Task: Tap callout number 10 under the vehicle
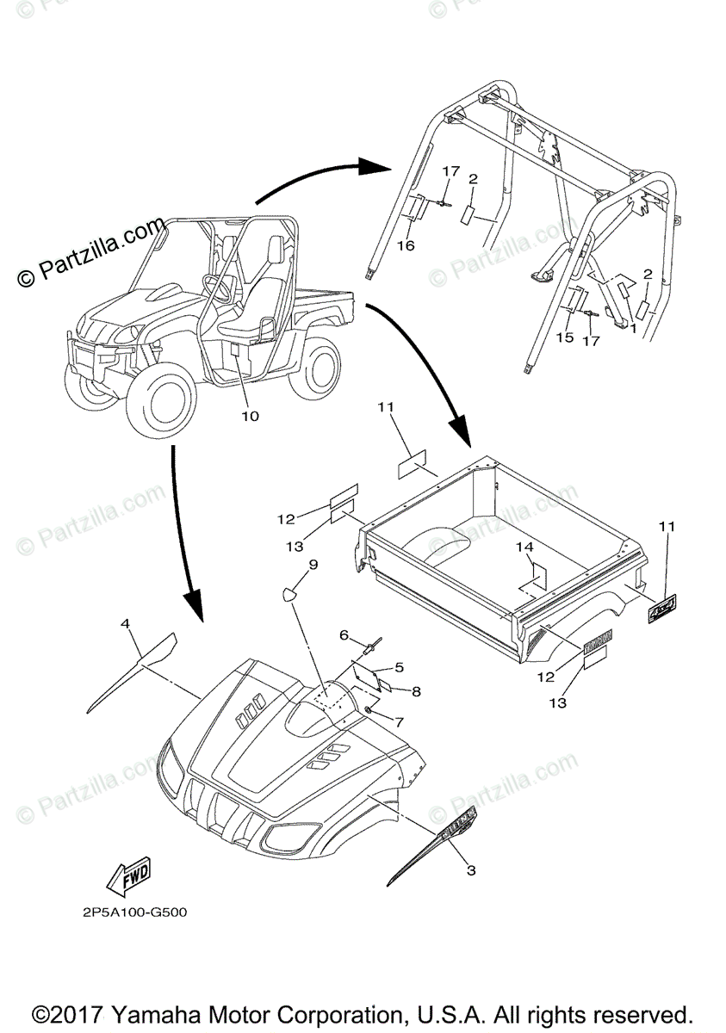(250, 417)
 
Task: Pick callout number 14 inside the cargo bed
(524, 547)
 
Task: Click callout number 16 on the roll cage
(406, 245)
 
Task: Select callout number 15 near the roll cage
(564, 337)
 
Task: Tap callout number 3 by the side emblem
(471, 870)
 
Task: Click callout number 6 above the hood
(344, 635)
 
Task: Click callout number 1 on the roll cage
(634, 328)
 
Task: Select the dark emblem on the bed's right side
(665, 609)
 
